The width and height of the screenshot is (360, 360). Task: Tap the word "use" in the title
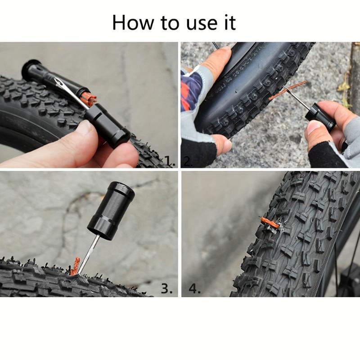coord(202,24)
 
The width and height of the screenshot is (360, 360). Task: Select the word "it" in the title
coord(230,22)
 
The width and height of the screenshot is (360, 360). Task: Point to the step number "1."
coord(170,161)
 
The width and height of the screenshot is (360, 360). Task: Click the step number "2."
coord(188,162)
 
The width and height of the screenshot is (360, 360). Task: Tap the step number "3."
coord(166,288)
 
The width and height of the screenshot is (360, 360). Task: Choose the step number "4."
coord(194,288)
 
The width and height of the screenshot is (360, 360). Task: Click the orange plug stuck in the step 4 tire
coord(270,223)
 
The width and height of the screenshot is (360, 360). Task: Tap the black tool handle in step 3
coord(111,211)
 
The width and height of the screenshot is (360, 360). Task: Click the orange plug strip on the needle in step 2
coord(288,90)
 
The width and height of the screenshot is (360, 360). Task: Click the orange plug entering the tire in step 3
coord(75,266)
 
